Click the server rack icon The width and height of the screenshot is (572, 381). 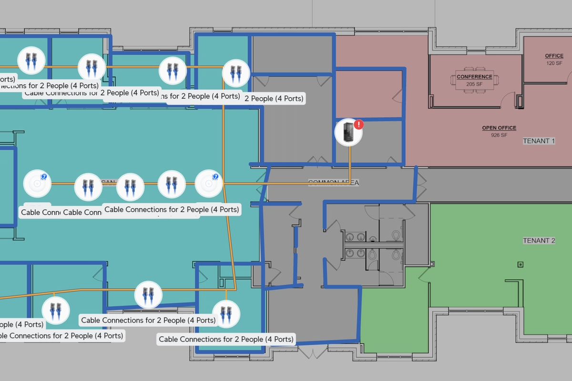[348, 132]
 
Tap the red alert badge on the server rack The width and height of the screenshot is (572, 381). [359, 124]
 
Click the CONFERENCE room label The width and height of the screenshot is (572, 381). [474, 77]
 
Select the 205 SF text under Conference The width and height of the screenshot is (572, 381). [474, 84]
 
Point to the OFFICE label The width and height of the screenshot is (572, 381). [554, 56]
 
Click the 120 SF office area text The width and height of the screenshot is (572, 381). [554, 63]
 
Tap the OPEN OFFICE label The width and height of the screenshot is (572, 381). [499, 128]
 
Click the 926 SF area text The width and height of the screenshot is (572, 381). [499, 135]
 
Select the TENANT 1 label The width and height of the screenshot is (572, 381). [539, 141]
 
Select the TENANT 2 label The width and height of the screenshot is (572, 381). [539, 240]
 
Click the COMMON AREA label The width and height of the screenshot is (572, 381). [333, 183]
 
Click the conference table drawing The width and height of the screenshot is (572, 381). [474, 80]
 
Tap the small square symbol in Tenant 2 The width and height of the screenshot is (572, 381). [521, 265]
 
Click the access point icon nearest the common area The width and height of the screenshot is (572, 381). [209, 183]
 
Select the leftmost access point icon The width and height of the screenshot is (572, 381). [37, 183]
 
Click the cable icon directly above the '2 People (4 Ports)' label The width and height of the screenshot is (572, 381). [236, 73]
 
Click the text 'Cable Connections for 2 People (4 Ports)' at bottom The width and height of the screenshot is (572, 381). [226, 340]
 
